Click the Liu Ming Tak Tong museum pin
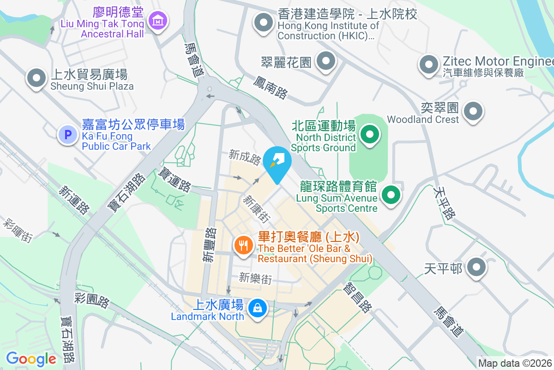coord(158,20)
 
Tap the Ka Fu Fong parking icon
coord(68,135)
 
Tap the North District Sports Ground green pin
coord(369,135)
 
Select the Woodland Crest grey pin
coord(473,111)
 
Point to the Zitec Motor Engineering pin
coord(429,65)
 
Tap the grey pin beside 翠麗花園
coord(326,61)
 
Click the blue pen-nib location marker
coord(277,163)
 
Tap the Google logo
coord(31,358)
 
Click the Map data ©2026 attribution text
coord(515,363)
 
